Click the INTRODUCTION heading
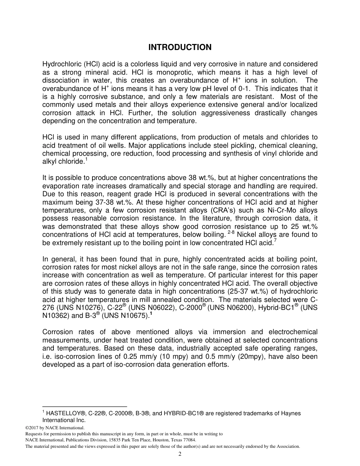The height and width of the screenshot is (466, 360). (x=180, y=47)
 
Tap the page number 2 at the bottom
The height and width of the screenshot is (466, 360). (x=180, y=455)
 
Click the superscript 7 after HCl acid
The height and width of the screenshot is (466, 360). (x=275, y=241)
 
